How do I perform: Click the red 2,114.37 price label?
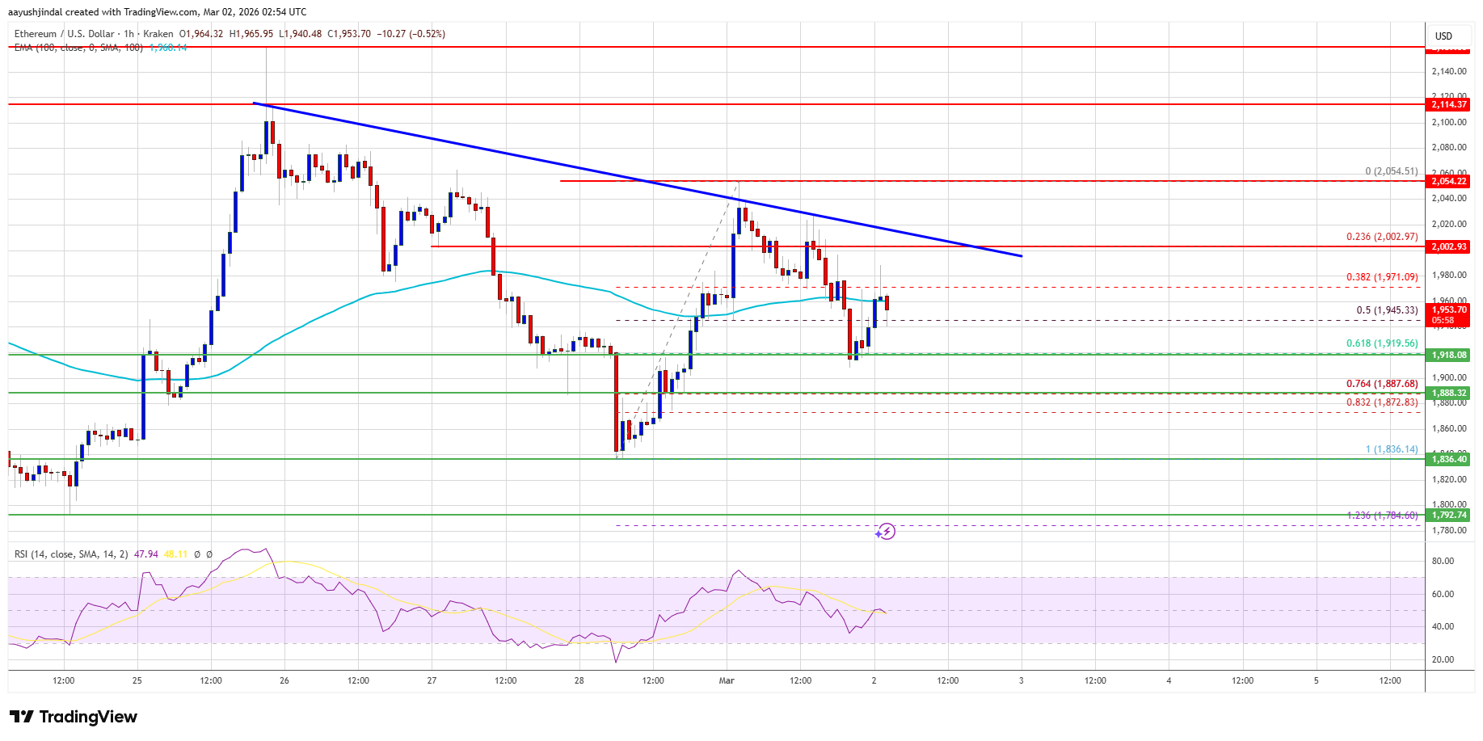pos(1448,104)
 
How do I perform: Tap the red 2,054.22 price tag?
pos(1448,181)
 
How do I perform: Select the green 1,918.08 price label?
pos(1448,355)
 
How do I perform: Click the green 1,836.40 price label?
pos(1448,459)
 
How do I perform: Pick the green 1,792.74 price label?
pos(1448,515)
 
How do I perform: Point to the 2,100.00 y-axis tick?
pos(1448,122)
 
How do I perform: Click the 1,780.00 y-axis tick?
pos(1448,530)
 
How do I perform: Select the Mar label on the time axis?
pos(727,680)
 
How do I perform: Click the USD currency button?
pos(1443,36)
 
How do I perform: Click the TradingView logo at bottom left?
pos(74,717)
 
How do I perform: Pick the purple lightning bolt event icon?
pos(887,532)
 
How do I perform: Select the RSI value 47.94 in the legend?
pos(146,554)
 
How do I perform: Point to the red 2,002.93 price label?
pos(1448,246)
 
